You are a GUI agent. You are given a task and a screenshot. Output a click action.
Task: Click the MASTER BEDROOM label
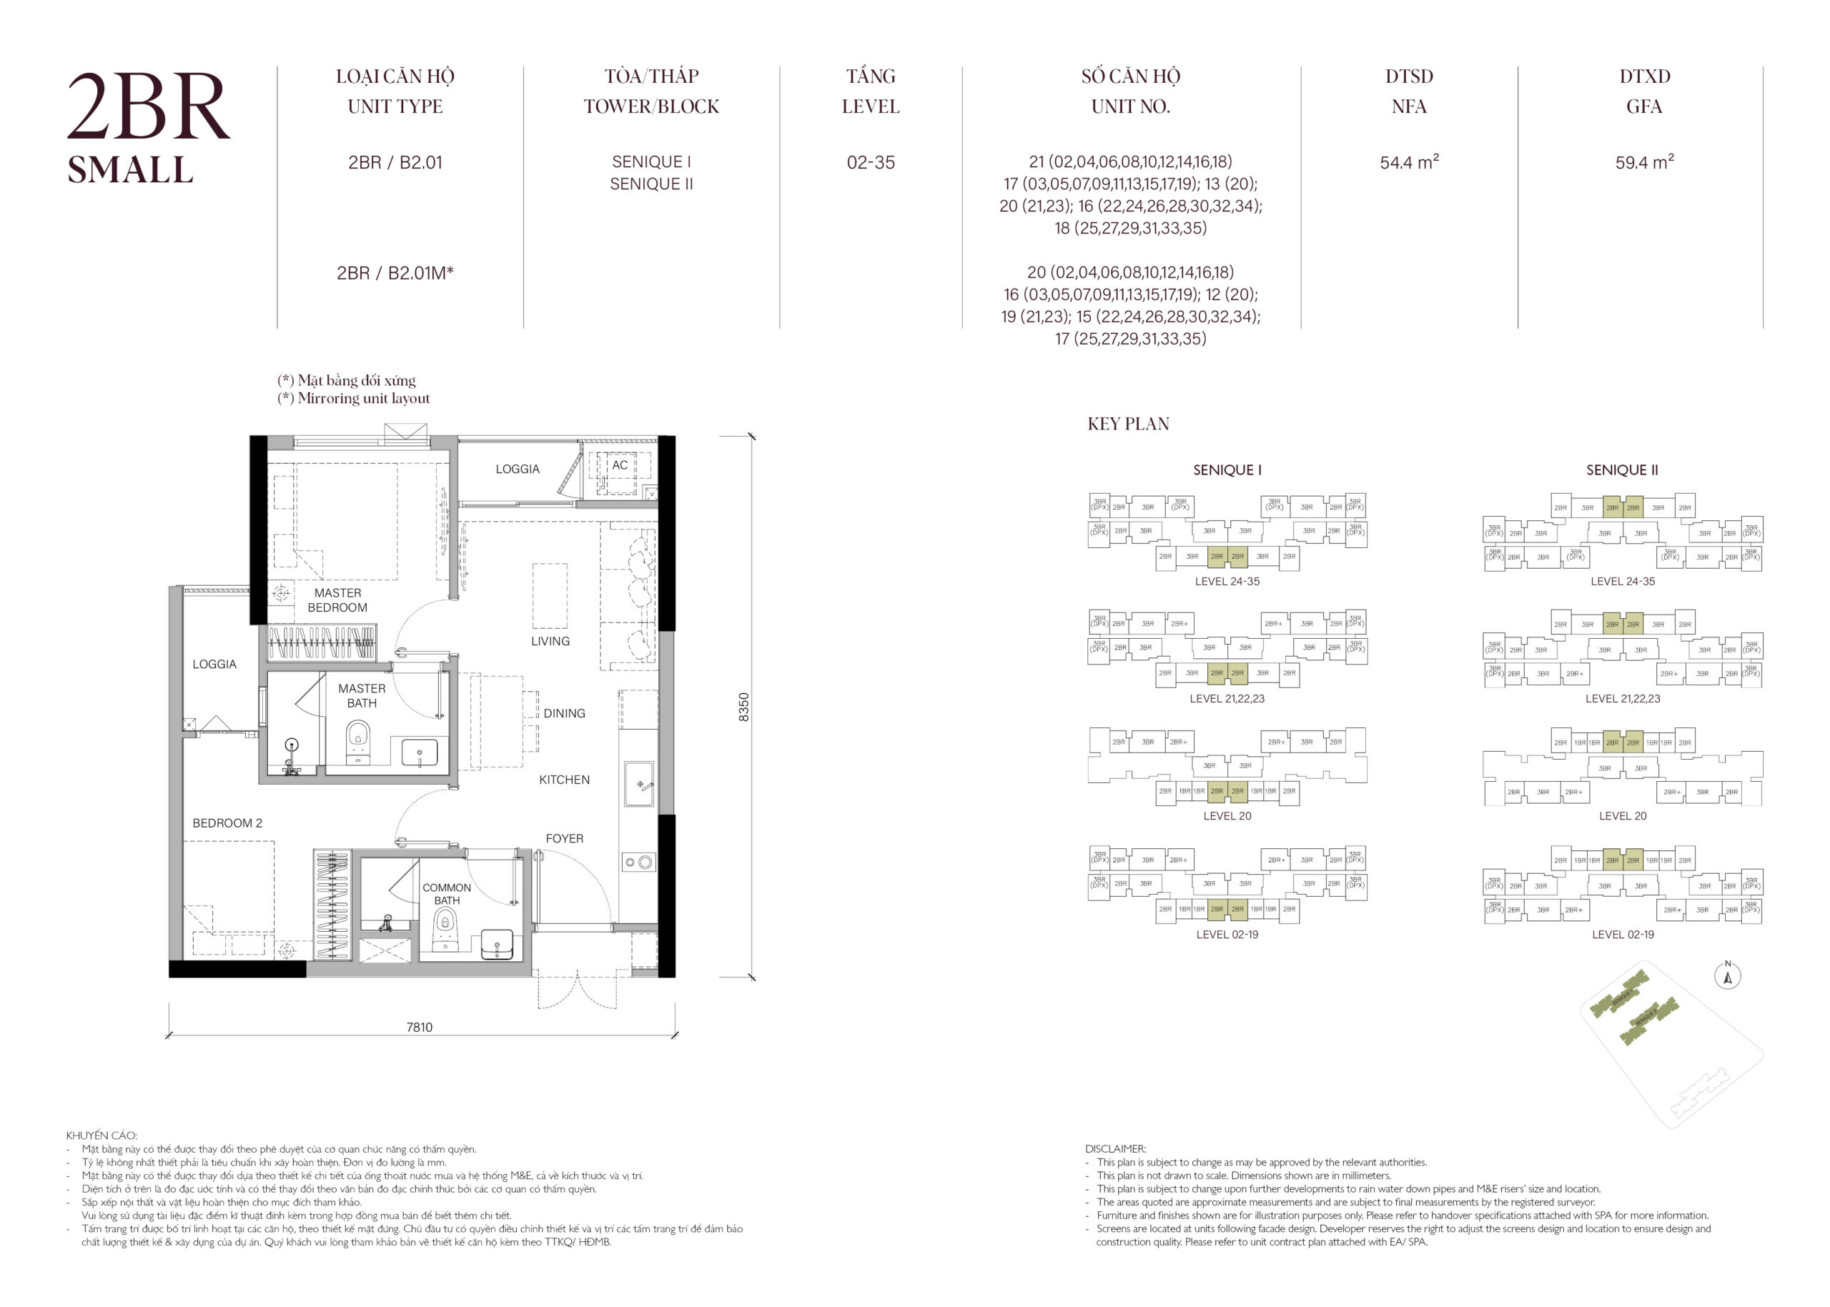(337, 600)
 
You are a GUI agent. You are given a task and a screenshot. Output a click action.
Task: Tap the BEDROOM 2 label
(227, 823)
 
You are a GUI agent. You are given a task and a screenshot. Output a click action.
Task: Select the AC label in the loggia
(619, 465)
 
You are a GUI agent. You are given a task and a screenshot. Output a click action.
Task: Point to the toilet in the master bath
(358, 739)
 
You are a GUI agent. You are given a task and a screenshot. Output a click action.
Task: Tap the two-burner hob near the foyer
(638, 863)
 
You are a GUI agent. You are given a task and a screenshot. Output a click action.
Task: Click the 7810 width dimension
(419, 1027)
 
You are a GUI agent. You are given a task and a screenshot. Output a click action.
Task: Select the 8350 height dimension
(744, 707)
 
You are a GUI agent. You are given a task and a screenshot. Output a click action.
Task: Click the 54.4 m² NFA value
(1409, 162)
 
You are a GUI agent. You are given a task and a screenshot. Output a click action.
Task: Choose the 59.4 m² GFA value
(1644, 162)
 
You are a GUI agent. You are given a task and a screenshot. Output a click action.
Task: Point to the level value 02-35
(870, 162)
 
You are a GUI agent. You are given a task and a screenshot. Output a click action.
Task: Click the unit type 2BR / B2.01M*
(395, 273)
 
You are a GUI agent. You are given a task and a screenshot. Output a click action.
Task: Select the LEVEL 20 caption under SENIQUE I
(1227, 816)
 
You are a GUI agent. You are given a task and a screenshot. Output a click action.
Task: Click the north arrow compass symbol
(1728, 976)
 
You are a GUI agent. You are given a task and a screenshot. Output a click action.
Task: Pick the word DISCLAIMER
(1115, 1149)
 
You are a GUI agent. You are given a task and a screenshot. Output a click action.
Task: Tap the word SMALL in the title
(129, 171)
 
